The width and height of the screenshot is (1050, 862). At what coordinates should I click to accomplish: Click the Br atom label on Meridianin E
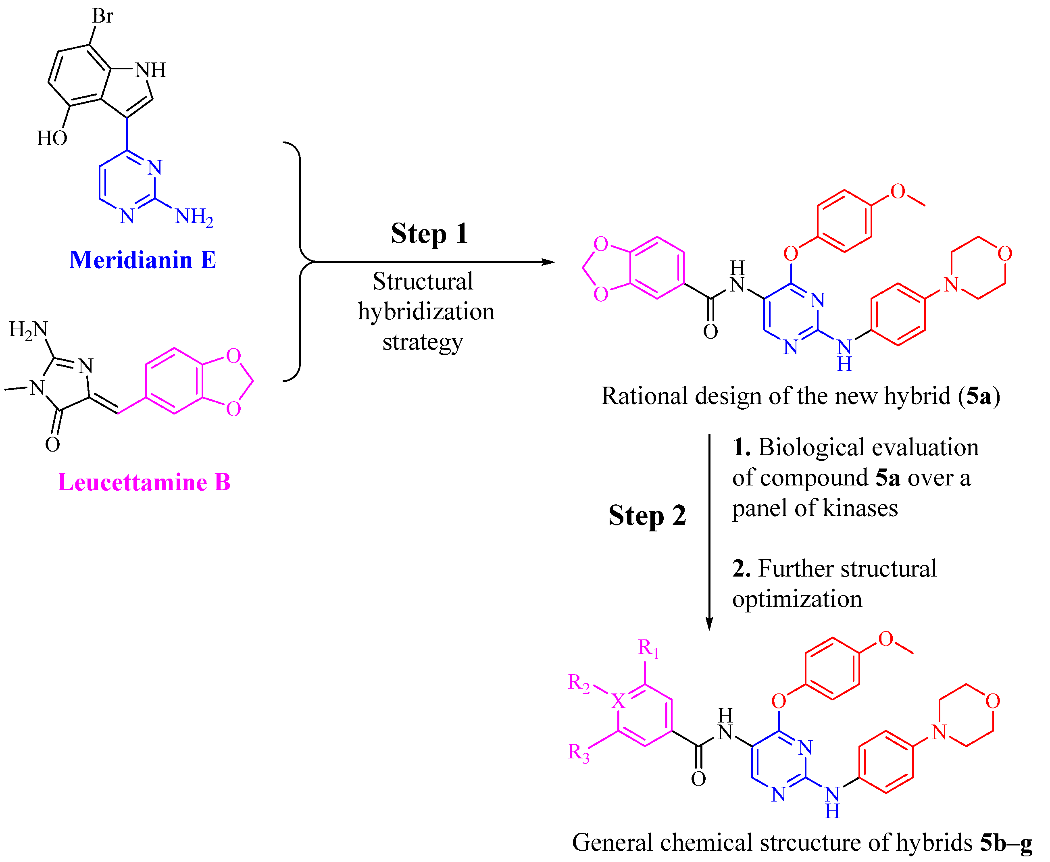pyautogui.click(x=102, y=17)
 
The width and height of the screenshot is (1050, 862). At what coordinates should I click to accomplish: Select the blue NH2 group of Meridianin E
pyautogui.click(x=194, y=217)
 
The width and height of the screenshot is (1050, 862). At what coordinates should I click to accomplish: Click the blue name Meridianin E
pyautogui.click(x=143, y=260)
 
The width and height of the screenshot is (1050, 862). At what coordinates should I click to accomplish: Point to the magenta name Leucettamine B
pyautogui.click(x=144, y=482)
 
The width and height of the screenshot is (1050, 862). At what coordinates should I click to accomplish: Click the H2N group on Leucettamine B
pyautogui.click(x=28, y=330)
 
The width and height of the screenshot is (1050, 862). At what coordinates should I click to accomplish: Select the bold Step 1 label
pyautogui.click(x=429, y=233)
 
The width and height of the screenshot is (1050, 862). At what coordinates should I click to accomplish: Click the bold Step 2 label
pyautogui.click(x=647, y=515)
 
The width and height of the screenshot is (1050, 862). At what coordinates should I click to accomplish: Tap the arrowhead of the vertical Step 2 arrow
pyautogui.click(x=709, y=625)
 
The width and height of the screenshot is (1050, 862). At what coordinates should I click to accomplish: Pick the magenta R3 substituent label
pyautogui.click(x=579, y=753)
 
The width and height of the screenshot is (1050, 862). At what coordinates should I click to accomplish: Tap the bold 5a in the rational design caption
pyautogui.click(x=979, y=396)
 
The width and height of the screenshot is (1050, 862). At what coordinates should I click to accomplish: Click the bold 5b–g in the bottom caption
pyautogui.click(x=1006, y=843)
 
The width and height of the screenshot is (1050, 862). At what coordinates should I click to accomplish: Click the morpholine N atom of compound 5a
pyautogui.click(x=951, y=285)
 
